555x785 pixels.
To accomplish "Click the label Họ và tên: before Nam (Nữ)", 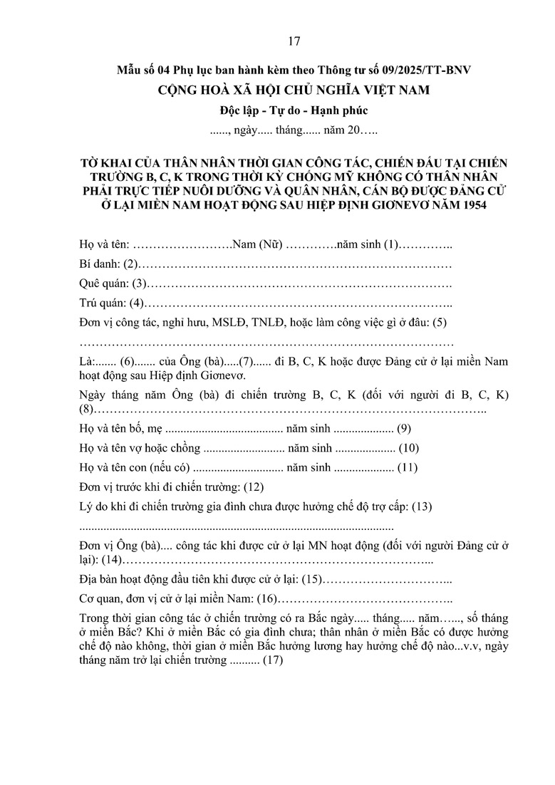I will pyautogui.click(x=104, y=245).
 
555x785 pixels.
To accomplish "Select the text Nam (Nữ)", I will pyautogui.click(x=259, y=245).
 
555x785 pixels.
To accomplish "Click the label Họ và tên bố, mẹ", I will pyautogui.click(x=120, y=430).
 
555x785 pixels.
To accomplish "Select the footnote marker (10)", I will pyautogui.click(x=409, y=449).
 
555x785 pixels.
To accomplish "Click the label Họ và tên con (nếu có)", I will pyautogui.click(x=134, y=468).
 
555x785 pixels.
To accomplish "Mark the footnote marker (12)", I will pyautogui.click(x=254, y=487).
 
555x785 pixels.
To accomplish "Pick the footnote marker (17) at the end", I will pyautogui.click(x=273, y=660).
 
